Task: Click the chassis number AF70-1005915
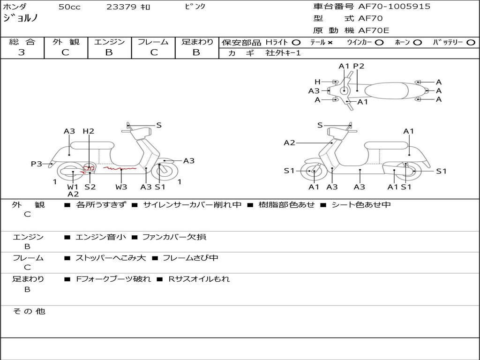click(x=394, y=6)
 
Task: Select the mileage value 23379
click(x=121, y=7)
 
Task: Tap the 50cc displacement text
click(x=69, y=7)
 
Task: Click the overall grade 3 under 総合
click(x=22, y=52)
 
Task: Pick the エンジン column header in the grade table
click(x=109, y=42)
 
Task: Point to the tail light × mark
click(x=330, y=43)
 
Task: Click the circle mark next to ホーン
click(x=417, y=43)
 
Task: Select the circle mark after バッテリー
click(x=471, y=43)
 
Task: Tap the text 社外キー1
click(x=283, y=53)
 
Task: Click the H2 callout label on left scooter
click(x=89, y=131)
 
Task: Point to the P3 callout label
click(x=37, y=164)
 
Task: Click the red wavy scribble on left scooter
click(x=120, y=168)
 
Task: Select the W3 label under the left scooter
click(x=121, y=187)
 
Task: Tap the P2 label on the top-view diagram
click(x=359, y=66)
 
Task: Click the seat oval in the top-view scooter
click(x=386, y=91)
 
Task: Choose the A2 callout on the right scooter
click(x=289, y=142)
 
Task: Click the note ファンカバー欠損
click(x=174, y=237)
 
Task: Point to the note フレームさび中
click(x=190, y=258)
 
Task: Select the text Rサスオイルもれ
click(x=199, y=279)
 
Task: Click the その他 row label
click(x=29, y=311)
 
